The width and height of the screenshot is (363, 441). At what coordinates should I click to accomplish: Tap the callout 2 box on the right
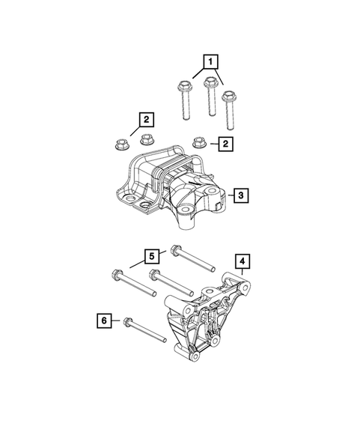coord(222,142)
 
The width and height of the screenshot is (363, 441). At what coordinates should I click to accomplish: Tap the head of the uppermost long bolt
coord(177,251)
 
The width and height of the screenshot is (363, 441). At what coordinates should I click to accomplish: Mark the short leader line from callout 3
coord(228,196)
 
